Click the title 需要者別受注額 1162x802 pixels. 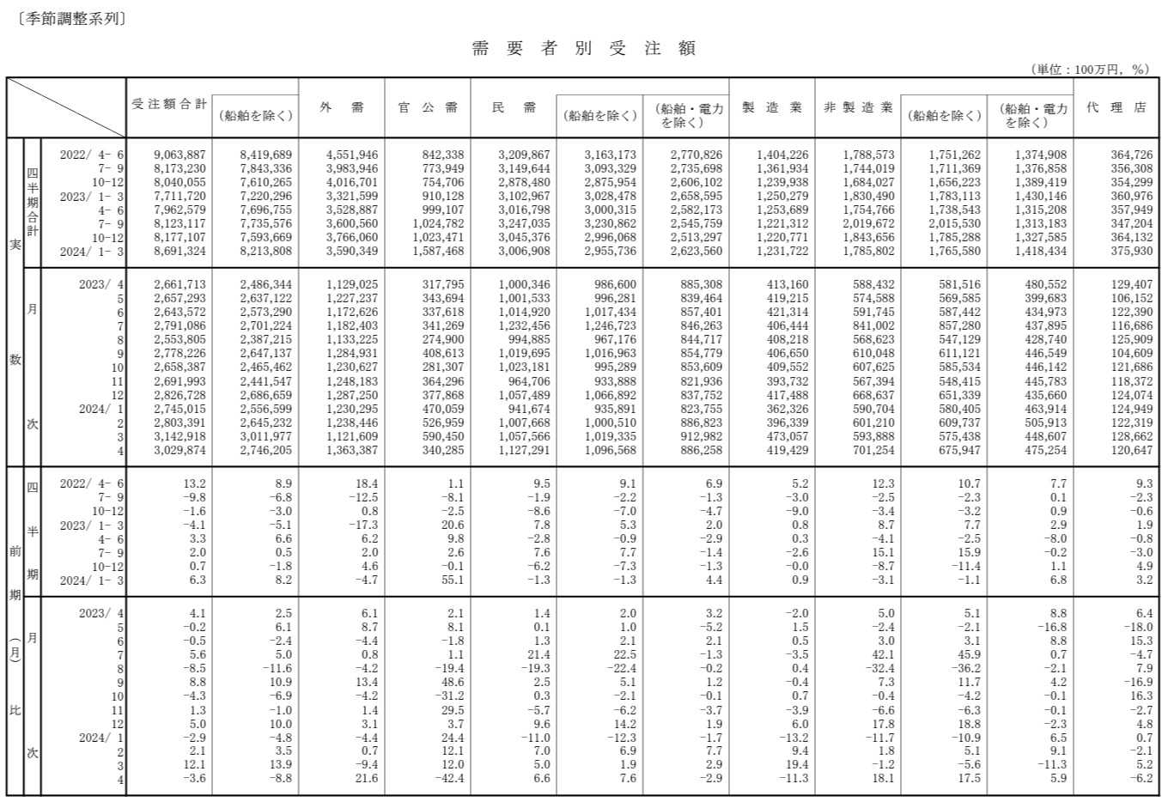coord(583,48)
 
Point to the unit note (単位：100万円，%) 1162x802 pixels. coord(1090,70)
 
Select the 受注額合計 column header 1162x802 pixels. coord(168,105)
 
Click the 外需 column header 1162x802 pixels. coord(342,107)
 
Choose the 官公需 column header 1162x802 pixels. coord(428,107)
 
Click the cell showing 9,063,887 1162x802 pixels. coord(179,155)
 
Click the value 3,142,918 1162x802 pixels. coord(179,436)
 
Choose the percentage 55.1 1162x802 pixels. coord(452,580)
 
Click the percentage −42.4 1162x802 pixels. coord(448,779)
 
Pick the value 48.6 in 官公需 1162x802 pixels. coord(452,683)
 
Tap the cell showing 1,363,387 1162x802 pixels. coord(351,450)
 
